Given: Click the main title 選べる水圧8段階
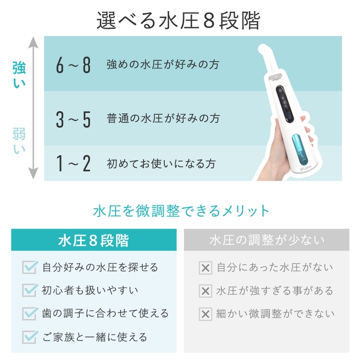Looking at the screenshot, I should point(178,21).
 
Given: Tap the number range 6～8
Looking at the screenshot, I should point(74,65).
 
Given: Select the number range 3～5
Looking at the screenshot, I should point(74,119).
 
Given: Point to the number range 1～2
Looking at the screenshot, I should point(74,164).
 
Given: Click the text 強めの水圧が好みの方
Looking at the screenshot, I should point(163,65).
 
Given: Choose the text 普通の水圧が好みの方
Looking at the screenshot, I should point(163,118).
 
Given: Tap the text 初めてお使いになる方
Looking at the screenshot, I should point(160,164).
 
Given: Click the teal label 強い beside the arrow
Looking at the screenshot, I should point(19,75).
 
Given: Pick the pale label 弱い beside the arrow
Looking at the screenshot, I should point(19,140).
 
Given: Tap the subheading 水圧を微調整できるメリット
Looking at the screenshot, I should point(181,211).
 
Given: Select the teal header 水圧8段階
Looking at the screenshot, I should point(94,240).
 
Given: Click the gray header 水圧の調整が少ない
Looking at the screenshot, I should point(266,240).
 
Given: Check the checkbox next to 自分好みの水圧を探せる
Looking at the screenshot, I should point(30,267).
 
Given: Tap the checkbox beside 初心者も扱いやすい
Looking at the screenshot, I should point(30,291).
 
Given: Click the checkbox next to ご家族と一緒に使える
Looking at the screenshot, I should point(30,337).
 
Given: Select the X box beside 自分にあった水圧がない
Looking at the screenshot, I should point(205,268).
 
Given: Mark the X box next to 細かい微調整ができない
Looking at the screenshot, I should point(205,314).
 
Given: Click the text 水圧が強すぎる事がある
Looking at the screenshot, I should point(275,291).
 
